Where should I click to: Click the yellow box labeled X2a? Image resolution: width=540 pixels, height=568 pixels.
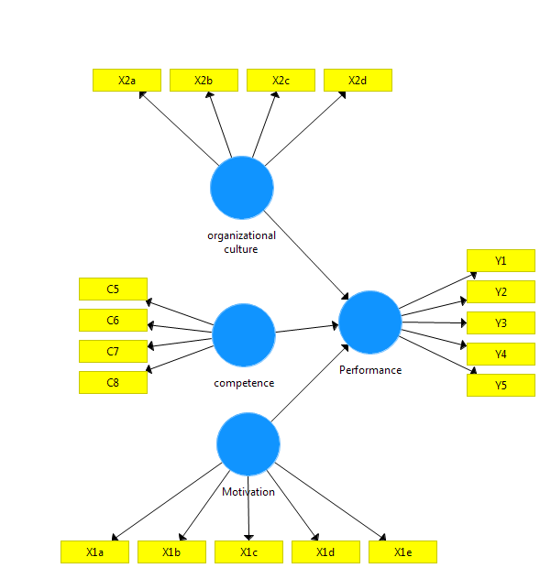coord(127,81)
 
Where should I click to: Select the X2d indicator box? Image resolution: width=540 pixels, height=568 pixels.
coord(358,81)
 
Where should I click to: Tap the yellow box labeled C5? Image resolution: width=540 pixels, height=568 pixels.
coord(113,289)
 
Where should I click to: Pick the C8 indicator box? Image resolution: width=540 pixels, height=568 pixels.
coord(113,383)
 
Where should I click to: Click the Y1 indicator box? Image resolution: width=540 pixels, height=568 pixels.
coord(501,261)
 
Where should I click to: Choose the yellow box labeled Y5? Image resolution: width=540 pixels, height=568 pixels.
coord(501,386)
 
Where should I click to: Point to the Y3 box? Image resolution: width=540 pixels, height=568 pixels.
coord(501,323)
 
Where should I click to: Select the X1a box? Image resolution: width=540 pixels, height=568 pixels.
coord(94,552)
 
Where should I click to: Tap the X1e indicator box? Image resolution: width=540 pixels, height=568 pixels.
coord(402,552)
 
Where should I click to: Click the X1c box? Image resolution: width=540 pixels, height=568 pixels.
coord(248,552)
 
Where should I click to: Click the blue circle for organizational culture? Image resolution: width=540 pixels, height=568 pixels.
coord(242,188)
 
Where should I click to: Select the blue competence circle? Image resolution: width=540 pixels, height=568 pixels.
coord(244,335)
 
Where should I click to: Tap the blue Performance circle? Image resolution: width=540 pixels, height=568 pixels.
coord(370,322)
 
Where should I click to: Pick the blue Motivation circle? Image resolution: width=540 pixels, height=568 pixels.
coord(248,444)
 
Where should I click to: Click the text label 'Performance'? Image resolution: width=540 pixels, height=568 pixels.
coord(370,370)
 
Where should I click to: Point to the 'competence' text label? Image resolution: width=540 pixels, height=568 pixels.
coord(244,383)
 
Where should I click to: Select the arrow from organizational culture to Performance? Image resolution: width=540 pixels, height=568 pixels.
coord(307,255)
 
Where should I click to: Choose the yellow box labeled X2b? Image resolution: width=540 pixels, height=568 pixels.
coord(204,81)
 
